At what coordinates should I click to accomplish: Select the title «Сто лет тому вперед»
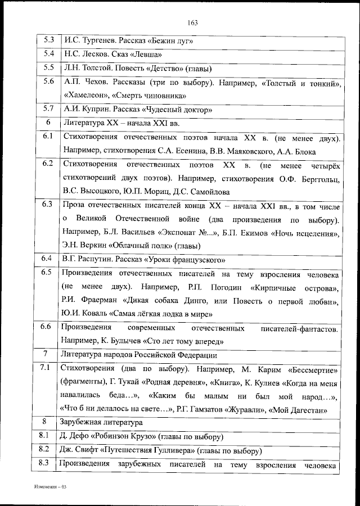[x=186, y=341]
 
